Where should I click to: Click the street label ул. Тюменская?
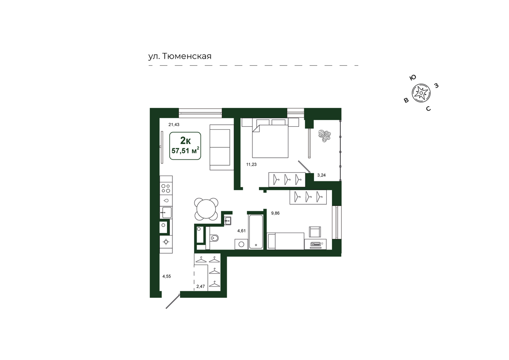coord(180,56)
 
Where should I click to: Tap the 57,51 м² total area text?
coord(185,150)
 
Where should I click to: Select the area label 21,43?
coord(174,124)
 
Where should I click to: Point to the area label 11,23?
coord(251,164)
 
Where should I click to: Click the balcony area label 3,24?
coord(321,175)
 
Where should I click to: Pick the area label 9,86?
coord(275,213)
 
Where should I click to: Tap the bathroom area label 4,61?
coord(241,231)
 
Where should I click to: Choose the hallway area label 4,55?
coord(166,277)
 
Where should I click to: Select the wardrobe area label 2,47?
coord(201,287)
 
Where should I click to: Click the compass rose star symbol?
coord(421,93)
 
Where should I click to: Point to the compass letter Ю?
coord(412,78)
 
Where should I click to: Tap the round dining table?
coord(206,209)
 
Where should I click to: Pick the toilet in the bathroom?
coord(214,238)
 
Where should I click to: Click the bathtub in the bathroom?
coord(256,231)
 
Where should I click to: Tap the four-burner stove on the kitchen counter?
coord(166,189)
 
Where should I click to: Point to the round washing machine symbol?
coord(241,244)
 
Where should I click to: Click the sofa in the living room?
coord(222,147)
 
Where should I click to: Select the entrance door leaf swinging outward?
coord(173,301)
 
